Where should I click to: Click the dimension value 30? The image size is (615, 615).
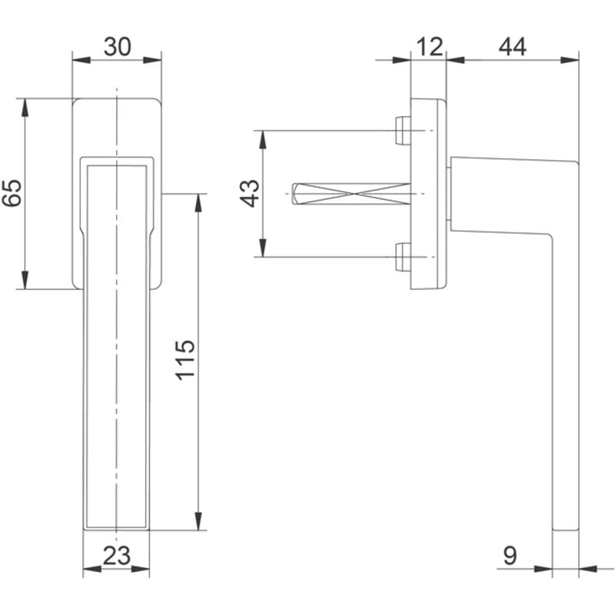pyautogui.click(x=117, y=47)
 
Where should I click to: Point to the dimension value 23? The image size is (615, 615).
pyautogui.click(x=116, y=555)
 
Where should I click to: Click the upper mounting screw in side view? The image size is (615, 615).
pyautogui.click(x=401, y=130)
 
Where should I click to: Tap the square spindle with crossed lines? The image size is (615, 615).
pyautogui.click(x=354, y=194)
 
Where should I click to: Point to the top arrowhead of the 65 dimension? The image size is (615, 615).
pyautogui.click(x=25, y=106)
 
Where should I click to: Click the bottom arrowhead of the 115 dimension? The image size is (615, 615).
pyautogui.click(x=199, y=523)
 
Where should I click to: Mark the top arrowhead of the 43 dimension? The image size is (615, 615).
pyautogui.click(x=263, y=138)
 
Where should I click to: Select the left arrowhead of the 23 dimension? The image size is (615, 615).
pyautogui.click(x=90, y=569)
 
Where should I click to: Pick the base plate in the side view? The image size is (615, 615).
pyautogui.click(x=427, y=194)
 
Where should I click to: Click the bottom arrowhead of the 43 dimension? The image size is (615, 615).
pyautogui.click(x=263, y=248)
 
